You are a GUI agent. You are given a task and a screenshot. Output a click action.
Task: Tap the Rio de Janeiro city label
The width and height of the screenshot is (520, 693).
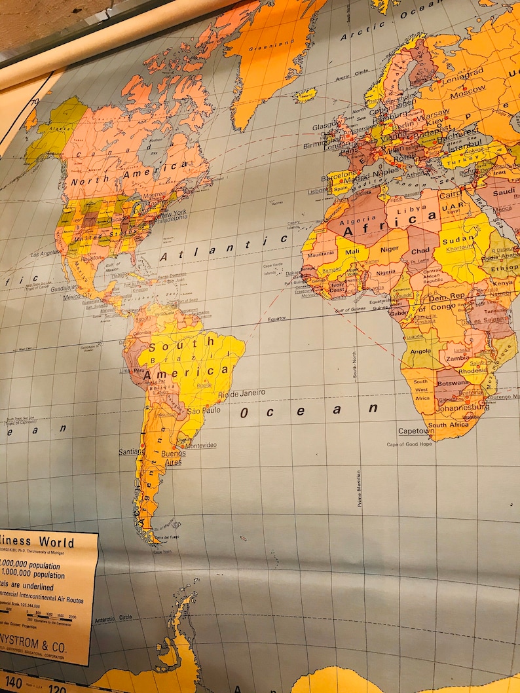[242, 394]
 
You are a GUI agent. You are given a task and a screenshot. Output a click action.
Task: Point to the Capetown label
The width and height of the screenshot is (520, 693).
[416, 431]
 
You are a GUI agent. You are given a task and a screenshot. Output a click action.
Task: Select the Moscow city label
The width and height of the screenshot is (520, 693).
[468, 87]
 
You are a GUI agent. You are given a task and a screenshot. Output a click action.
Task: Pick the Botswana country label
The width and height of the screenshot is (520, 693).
[452, 383]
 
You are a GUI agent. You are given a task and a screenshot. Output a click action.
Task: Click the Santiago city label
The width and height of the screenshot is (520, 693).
[131, 452]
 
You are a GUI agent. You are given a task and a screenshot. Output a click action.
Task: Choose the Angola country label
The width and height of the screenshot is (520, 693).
[420, 351]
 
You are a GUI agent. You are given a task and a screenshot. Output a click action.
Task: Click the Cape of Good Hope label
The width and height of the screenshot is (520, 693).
[409, 445]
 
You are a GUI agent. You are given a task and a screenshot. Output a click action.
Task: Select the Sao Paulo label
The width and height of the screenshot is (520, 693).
[202, 411]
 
